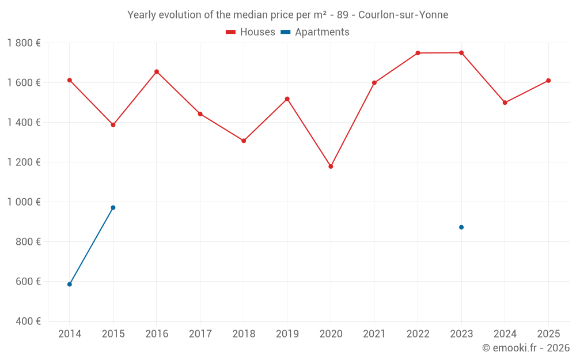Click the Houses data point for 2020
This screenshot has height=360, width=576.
coord(331,166)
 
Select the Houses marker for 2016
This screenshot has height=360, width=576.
coord(157,72)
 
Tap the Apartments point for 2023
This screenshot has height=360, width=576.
coord(461,228)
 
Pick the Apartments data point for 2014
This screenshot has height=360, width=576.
coord(70,285)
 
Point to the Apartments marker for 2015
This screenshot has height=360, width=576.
coord(113,207)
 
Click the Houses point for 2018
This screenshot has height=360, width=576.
coord(244,141)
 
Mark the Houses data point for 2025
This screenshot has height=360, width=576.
coord(548,81)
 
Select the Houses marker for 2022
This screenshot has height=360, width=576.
coord(418,53)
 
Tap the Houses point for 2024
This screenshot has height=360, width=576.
coord(505,103)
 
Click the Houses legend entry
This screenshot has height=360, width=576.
coord(251,32)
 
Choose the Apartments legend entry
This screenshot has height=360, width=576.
coord(315,32)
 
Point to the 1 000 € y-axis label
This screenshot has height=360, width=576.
coord(24,202)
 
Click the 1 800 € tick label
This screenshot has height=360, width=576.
coord(24,43)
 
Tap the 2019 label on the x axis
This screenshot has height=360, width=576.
coord(287,334)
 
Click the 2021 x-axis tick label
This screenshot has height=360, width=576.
coord(374,334)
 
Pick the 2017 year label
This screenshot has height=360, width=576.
coord(200,334)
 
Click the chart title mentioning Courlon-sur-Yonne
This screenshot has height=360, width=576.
coord(287,15)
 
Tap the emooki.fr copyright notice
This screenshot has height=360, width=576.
coord(525,348)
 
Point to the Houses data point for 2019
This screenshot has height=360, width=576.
coord(287,99)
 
